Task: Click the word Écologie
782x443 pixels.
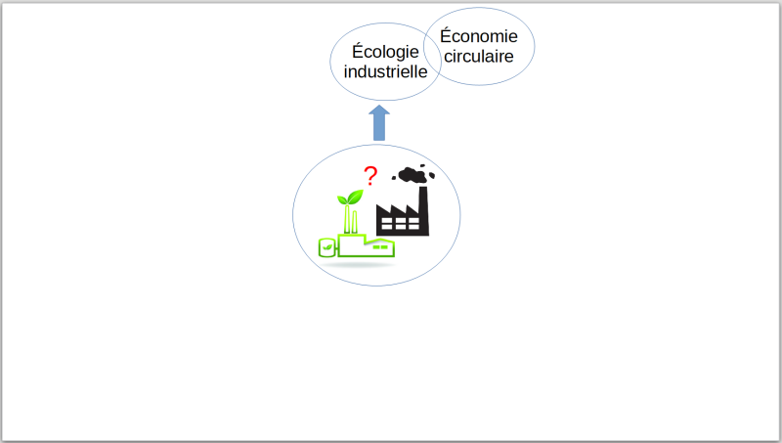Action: pyautogui.click(x=385, y=52)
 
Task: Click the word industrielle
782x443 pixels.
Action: pyautogui.click(x=385, y=71)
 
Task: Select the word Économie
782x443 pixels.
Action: pyautogui.click(x=479, y=36)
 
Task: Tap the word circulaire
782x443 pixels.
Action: pyautogui.click(x=479, y=57)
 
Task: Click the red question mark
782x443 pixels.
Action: pyautogui.click(x=370, y=176)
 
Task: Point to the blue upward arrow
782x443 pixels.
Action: pyautogui.click(x=379, y=122)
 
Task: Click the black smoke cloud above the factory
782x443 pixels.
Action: pyautogui.click(x=413, y=174)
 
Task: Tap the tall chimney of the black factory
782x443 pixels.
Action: pyautogui.click(x=423, y=209)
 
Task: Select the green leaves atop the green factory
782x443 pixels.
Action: pyautogui.click(x=350, y=198)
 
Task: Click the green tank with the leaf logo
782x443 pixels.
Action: pyautogui.click(x=326, y=247)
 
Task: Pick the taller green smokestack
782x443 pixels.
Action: pyautogui.click(x=347, y=218)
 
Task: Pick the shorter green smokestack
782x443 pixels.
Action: pyautogui.click(x=355, y=222)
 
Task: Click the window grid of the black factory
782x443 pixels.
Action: pyautogui.click(x=400, y=224)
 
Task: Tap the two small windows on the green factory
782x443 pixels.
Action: pyautogui.click(x=380, y=246)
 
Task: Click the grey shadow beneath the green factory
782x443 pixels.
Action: pyautogui.click(x=358, y=264)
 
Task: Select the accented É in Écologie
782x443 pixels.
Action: pyautogui.click(x=358, y=51)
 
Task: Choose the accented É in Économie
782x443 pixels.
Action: pyautogui.click(x=446, y=35)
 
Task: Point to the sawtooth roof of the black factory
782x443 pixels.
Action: pyautogui.click(x=398, y=210)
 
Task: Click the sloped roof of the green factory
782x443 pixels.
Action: pyautogui.click(x=379, y=241)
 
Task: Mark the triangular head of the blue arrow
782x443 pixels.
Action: pyautogui.click(x=379, y=111)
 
